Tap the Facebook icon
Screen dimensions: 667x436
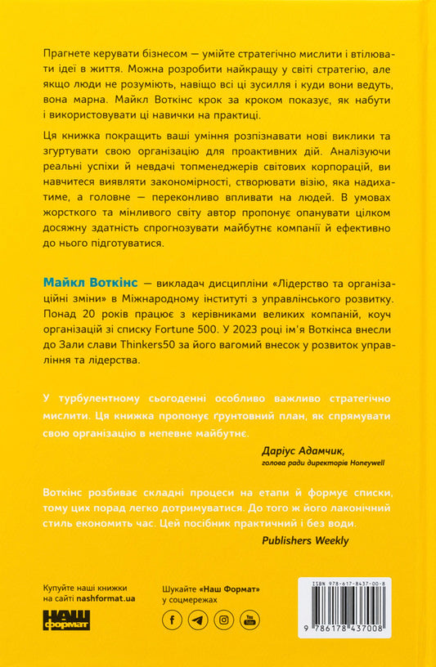173,620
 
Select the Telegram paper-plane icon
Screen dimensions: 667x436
198,620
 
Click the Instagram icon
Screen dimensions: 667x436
223,620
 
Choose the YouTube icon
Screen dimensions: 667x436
249,620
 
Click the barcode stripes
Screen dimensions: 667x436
348,614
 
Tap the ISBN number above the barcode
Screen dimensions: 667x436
348,584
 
